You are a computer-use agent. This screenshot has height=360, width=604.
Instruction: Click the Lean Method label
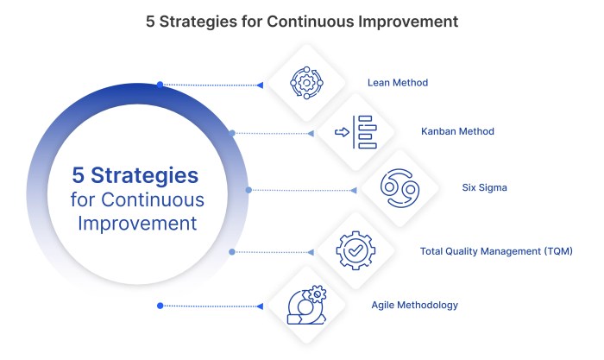(x=398, y=84)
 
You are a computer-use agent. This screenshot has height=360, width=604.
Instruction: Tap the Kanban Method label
(x=457, y=132)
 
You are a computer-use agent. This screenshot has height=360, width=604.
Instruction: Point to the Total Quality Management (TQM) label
(x=496, y=251)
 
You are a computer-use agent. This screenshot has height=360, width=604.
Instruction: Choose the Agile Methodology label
(x=414, y=305)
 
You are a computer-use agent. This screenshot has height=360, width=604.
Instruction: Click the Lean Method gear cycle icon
(x=305, y=82)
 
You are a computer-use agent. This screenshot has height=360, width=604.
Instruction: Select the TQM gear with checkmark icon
(x=355, y=251)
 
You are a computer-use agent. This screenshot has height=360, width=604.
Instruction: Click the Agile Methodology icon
(x=307, y=304)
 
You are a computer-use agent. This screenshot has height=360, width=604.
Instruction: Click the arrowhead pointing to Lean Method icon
(x=259, y=85)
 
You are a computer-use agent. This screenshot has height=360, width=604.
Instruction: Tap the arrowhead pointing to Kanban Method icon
(x=309, y=133)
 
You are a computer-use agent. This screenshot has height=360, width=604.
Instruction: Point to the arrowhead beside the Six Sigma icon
(x=354, y=189)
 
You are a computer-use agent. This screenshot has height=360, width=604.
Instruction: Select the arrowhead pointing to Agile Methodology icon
(x=261, y=306)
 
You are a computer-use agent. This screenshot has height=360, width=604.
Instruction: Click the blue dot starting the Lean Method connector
(x=160, y=85)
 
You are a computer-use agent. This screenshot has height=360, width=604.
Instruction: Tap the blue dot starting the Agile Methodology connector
(x=160, y=306)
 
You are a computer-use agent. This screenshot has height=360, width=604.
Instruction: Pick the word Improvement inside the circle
(x=137, y=223)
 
